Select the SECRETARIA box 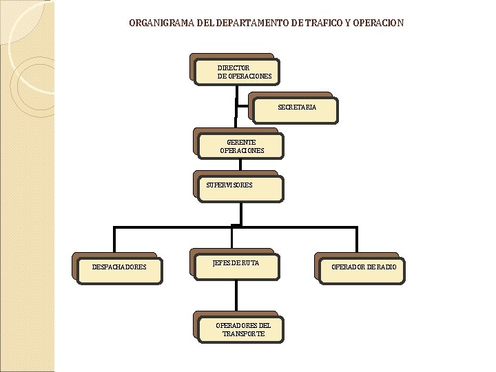(x=296, y=110)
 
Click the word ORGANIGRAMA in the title (x=162, y=23)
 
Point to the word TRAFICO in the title (x=322, y=23)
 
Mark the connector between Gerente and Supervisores (x=240, y=165)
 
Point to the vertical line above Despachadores (x=114, y=240)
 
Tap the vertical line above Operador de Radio (x=357, y=240)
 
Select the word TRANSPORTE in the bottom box (x=243, y=333)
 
